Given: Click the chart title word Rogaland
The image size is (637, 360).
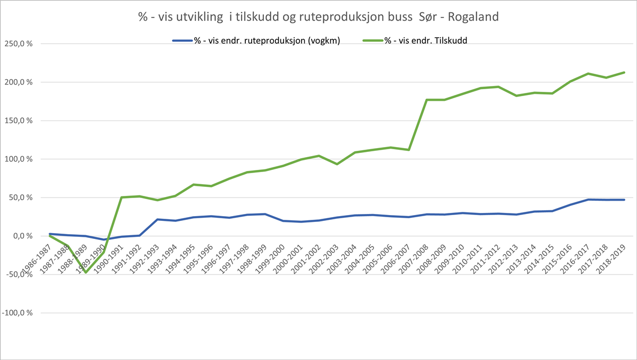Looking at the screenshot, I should click(474, 16).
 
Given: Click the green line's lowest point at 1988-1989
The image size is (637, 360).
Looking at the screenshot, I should click(85, 272).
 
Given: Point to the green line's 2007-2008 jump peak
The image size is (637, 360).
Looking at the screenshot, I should click(426, 100).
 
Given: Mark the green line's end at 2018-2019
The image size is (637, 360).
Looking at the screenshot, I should click(624, 72).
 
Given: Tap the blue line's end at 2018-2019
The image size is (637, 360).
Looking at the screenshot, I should click(624, 200).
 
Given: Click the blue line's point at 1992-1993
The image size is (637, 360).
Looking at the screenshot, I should click(157, 219).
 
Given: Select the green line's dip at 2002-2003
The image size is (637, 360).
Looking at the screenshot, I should click(337, 164).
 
